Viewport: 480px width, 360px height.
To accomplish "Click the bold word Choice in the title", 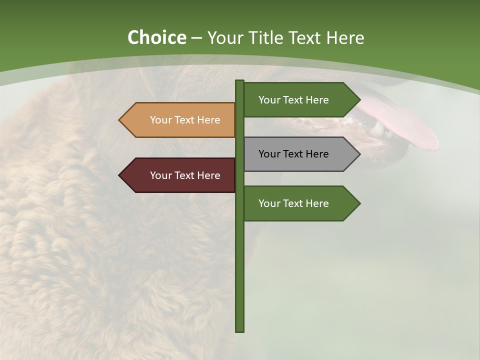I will pos(156,38).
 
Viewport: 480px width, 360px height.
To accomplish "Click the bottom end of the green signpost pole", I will pos(240,329).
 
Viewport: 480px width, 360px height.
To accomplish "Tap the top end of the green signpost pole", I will pos(240,82).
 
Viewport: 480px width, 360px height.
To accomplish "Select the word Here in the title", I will pos(344,38).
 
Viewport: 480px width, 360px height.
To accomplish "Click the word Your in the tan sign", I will pos(160,120).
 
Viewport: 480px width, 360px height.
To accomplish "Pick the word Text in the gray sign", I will pos(293,154).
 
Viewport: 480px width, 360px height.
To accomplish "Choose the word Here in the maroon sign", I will pos(209,175).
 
